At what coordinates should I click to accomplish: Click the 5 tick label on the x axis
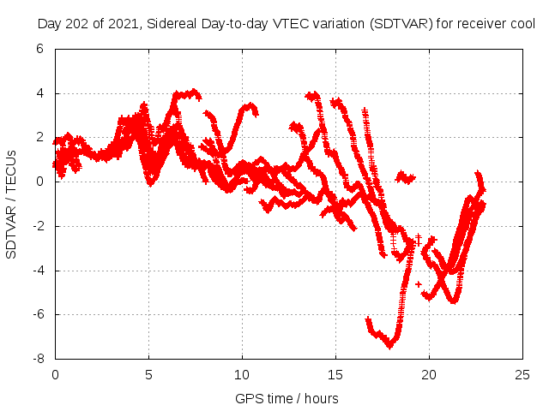148,374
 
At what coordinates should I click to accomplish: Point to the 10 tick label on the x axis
242,374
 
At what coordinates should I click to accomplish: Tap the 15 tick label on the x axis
335,374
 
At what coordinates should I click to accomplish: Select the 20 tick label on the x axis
429,374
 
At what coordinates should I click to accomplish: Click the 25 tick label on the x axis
522,374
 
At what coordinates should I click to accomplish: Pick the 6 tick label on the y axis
39,50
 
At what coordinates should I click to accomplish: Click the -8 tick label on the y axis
37,359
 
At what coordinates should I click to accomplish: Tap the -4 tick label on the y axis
37,271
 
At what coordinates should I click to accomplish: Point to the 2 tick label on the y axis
39,138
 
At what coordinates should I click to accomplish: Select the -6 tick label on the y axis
37,315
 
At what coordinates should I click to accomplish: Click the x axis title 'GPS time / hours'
287,398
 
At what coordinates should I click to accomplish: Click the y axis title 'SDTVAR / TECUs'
12,204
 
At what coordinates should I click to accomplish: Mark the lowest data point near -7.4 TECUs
389,346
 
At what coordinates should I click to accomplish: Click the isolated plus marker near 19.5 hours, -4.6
419,283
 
